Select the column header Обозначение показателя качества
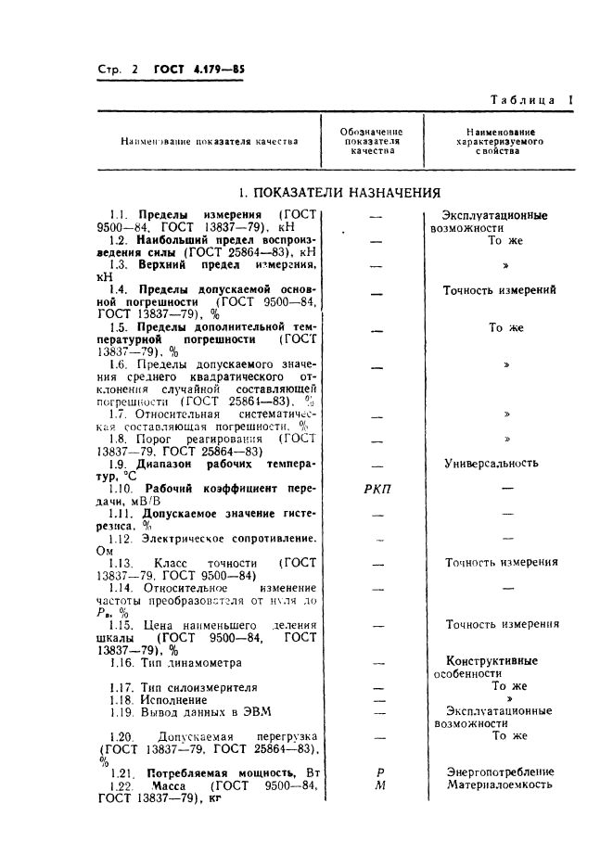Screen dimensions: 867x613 point(371,141)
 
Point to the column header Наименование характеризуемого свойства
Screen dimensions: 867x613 point(500,141)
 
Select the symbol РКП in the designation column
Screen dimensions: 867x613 point(376,488)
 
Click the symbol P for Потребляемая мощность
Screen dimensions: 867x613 point(379,771)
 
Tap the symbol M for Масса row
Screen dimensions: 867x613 point(379,784)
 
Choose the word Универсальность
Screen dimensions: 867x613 point(492,463)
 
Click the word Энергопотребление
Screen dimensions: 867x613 point(500,771)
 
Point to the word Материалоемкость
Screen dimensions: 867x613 point(500,784)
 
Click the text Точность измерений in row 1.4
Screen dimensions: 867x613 point(500,290)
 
